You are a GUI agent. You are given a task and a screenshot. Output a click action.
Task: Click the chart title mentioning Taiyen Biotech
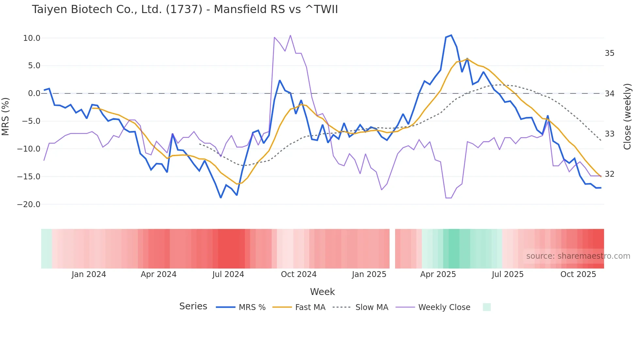pyautogui.click(x=185, y=9)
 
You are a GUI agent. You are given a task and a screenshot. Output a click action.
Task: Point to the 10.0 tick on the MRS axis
pyautogui.click(x=32, y=38)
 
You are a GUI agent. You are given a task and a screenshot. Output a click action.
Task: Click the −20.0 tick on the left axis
pyautogui.click(x=29, y=205)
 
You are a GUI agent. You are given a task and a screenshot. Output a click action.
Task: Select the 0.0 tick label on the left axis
pyautogui.click(x=34, y=93)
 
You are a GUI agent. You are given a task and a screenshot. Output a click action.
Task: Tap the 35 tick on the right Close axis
pyautogui.click(x=609, y=53)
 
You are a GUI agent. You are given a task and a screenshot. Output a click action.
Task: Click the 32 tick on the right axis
pyautogui.click(x=609, y=174)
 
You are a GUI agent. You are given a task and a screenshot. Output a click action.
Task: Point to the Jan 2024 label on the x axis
pyautogui.click(x=89, y=274)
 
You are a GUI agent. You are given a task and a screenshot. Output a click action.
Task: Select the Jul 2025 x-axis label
pyautogui.click(x=507, y=274)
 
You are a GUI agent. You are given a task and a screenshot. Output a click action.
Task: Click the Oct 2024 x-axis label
pyautogui.click(x=298, y=274)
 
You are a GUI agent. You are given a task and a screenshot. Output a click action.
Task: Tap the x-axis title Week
pyautogui.click(x=322, y=292)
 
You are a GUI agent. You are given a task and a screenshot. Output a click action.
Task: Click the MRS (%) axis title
pyautogui.click(x=6, y=116)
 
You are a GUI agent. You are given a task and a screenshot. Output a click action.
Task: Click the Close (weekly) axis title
pyautogui.click(x=627, y=117)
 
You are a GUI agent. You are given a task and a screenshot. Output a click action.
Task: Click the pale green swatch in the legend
pyautogui.click(x=487, y=307)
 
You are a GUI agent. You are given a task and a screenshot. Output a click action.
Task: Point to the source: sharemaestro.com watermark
pyautogui.click(x=578, y=256)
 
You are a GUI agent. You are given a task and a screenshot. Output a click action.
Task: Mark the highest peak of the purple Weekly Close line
pyautogui.click(x=290, y=35)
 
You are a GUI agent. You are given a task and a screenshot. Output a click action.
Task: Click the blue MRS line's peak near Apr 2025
pyautogui.click(x=451, y=35)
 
